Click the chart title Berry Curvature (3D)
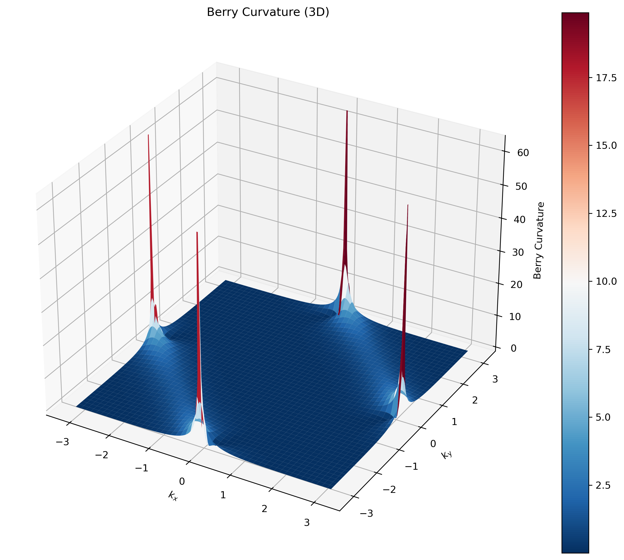pyautogui.click(x=268, y=12)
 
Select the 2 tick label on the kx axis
pyautogui.click(x=264, y=509)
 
